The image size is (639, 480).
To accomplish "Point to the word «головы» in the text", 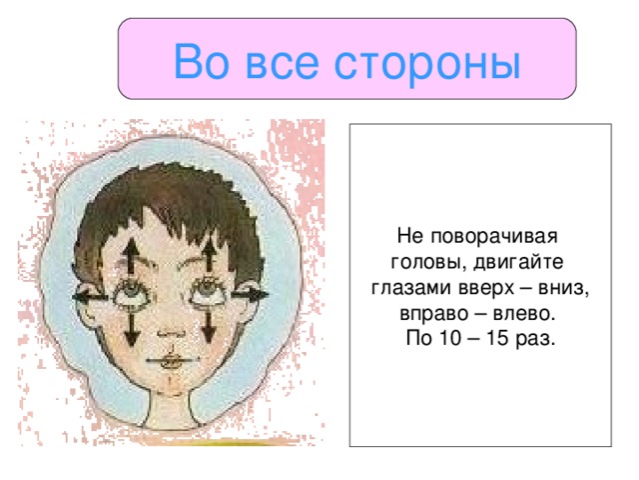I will click(x=417, y=263).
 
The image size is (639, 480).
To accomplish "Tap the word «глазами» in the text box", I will click(x=409, y=288).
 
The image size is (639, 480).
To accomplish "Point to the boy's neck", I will click(x=170, y=410).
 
